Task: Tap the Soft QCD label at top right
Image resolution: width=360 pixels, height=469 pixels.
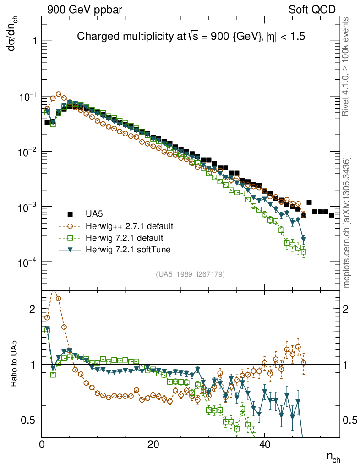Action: pos(312,10)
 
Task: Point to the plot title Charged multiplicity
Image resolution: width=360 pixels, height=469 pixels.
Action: pos(191,36)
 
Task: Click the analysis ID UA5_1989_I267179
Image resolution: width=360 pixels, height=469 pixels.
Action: pos(190,274)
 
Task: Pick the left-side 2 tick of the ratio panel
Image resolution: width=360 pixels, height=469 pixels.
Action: pos(32,309)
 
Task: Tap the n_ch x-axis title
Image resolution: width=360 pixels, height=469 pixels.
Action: pos(333,457)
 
